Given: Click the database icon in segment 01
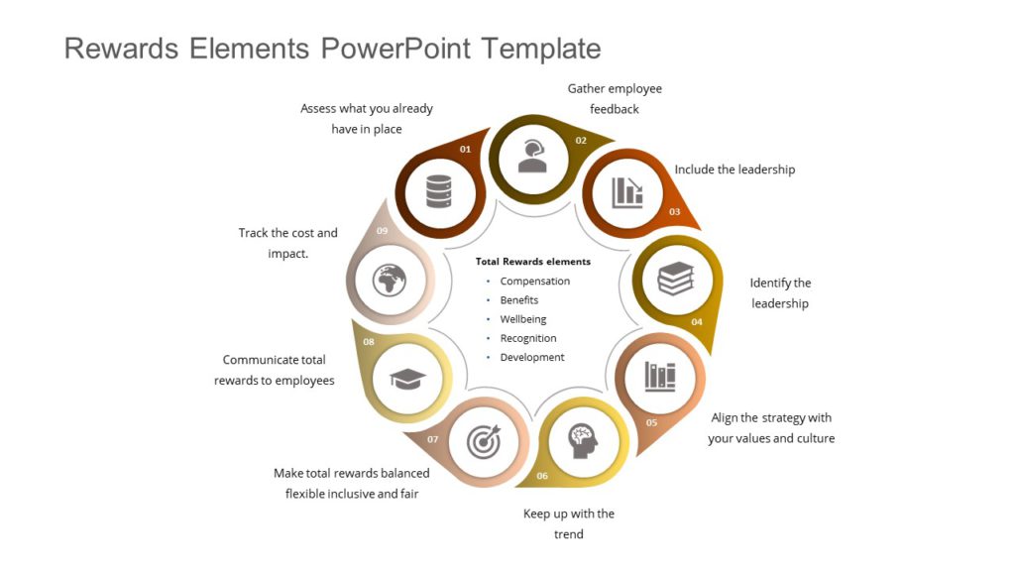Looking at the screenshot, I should point(439,191).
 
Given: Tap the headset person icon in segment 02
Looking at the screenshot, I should point(532,156).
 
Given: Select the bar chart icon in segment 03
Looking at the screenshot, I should point(626,191).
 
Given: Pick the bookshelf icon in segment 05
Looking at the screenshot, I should point(659,376).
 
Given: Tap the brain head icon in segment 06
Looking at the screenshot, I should point(582,439).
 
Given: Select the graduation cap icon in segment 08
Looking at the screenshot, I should point(407,377).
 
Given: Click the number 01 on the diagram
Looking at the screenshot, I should point(466,149).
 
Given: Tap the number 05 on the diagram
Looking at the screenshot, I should point(651,423).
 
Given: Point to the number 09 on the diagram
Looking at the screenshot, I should point(383,231).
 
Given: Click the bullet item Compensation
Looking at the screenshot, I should point(534,282).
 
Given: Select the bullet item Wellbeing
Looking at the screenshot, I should point(522,319).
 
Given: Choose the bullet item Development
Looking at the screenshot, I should point(532,357).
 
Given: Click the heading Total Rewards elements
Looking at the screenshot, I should point(532,262).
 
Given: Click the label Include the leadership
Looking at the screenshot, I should point(734,170).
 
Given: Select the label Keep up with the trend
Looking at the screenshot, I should point(569,523).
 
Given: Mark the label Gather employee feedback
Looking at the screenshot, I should point(615,98).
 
